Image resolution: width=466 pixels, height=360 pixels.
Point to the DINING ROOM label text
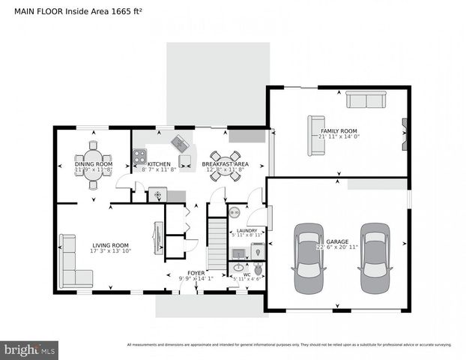pyautogui.click(x=93, y=163)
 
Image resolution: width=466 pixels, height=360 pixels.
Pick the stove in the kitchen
pyautogui.click(x=139, y=157)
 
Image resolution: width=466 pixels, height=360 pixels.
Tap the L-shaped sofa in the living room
pyautogui.click(x=73, y=262)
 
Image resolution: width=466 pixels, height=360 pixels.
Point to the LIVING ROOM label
pyautogui.click(x=110, y=244)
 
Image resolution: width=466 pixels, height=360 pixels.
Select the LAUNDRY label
pyautogui.click(x=246, y=230)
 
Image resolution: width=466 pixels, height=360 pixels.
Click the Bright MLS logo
pyautogui.click(x=29, y=349)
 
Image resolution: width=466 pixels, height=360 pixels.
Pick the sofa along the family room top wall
pyautogui.click(x=365, y=100)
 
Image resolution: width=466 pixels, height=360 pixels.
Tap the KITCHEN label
pyautogui.click(x=159, y=163)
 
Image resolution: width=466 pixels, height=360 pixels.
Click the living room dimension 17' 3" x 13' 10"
pyautogui.click(x=110, y=251)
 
